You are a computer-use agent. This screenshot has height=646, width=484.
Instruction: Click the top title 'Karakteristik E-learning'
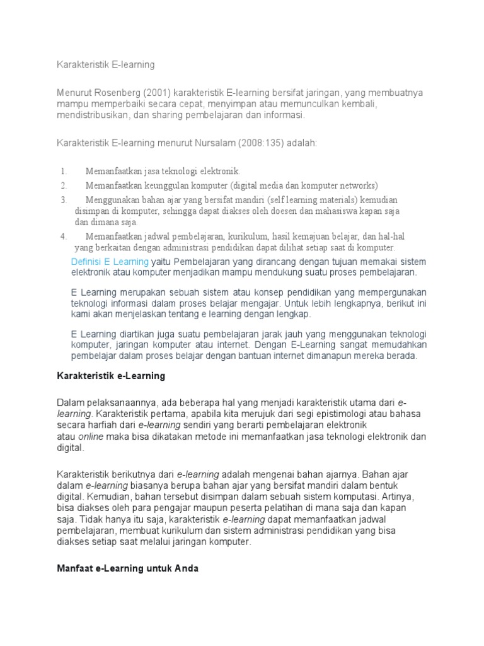point(106,64)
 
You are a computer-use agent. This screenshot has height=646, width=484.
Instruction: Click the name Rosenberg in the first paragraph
point(115,93)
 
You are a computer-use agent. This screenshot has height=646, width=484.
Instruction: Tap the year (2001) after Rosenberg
point(155,93)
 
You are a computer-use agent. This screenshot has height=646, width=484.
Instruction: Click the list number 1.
point(64,171)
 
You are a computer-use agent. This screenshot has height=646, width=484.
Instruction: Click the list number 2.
point(64,185)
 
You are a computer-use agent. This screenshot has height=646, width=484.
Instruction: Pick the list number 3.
point(64,199)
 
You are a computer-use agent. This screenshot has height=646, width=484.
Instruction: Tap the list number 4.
point(64,236)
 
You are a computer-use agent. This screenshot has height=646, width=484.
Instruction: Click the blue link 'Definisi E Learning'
point(110,261)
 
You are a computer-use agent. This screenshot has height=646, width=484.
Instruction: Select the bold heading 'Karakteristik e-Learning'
point(111,376)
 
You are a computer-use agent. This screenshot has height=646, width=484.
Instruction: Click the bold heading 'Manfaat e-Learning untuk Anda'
point(128,568)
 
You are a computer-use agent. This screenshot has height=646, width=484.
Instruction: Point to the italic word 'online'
point(91,437)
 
